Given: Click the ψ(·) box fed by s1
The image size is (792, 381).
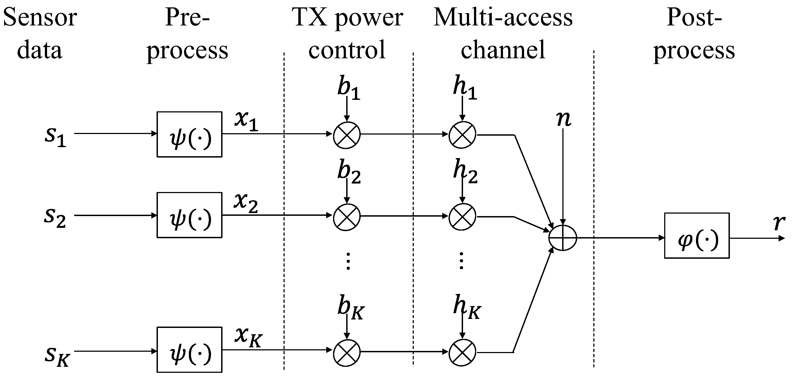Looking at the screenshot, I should [189, 134].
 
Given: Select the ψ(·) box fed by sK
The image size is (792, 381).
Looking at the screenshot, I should [189, 350].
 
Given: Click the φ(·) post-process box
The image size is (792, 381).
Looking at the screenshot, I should [697, 236].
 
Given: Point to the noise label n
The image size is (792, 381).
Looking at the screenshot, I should [563, 119].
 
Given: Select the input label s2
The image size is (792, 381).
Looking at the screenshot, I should [55, 217].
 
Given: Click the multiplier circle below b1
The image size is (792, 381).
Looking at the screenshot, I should [347, 135].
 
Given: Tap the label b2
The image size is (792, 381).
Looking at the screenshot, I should [349, 172].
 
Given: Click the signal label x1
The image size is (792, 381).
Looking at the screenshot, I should [246, 120].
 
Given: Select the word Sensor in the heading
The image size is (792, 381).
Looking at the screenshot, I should [40, 18].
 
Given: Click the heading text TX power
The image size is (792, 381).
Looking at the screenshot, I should [347, 18].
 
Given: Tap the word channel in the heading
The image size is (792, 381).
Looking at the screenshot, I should [503, 50].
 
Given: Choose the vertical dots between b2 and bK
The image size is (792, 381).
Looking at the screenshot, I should [348, 261].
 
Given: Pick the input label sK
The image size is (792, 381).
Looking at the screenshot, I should [57, 356].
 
